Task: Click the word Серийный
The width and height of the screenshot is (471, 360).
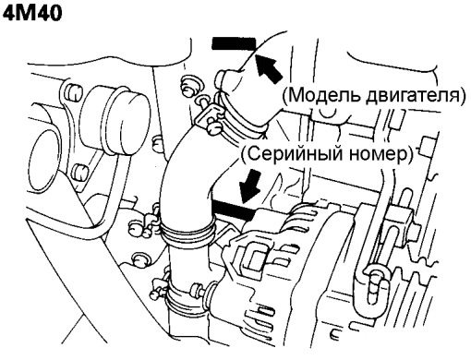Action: (x=293, y=153)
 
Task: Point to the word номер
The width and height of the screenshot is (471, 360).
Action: (x=375, y=154)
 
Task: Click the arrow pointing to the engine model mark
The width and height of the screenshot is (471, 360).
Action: (x=269, y=68)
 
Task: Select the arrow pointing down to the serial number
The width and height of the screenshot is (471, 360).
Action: (x=250, y=186)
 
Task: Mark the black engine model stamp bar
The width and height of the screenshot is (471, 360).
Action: (x=234, y=43)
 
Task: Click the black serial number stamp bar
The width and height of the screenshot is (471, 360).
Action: (x=234, y=210)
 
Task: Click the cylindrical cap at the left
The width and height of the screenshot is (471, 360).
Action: (x=117, y=120)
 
